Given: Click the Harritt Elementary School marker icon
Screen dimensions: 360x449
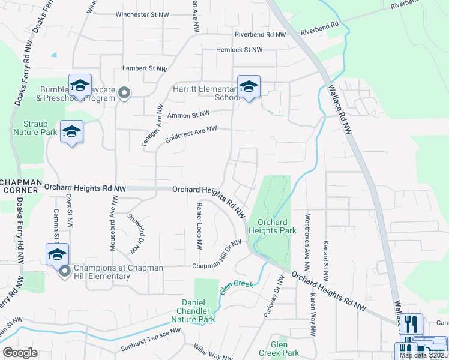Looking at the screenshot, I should (249, 87).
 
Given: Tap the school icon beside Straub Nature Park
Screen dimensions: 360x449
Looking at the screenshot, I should (71, 132).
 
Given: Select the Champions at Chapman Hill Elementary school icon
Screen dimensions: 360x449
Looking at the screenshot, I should (57, 255).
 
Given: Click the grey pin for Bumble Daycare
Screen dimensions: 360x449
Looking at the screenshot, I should (124, 93).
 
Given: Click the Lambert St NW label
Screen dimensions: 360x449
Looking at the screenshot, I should (145, 69).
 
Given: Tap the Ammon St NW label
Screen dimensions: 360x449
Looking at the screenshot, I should (188, 114).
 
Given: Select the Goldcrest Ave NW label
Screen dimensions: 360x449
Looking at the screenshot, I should (190, 134).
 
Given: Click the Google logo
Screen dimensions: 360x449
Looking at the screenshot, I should (20, 353).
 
